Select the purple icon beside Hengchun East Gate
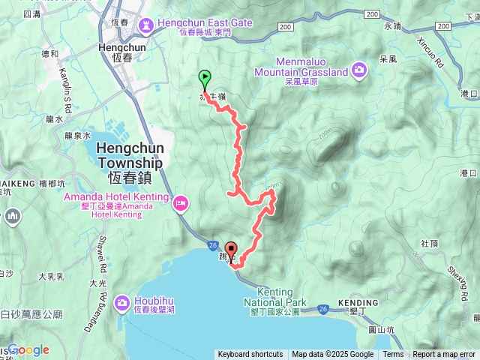pos(145,24)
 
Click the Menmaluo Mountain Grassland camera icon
pos(359,70)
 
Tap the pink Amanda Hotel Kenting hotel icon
pos(181,202)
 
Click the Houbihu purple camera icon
pos(121,302)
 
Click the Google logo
pos(28,349)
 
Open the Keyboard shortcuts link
pos(250,355)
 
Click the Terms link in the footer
pos(393,355)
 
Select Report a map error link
pos(445,355)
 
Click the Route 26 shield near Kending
pos(322,307)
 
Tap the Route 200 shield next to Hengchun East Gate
pos(284,26)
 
